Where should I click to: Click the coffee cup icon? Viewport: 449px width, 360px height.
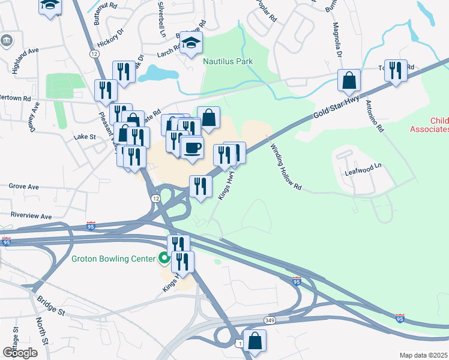192,148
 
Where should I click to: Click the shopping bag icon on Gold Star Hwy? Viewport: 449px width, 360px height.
348,80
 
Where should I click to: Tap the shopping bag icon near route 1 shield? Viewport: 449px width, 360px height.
255,340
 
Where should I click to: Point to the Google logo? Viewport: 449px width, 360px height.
20,352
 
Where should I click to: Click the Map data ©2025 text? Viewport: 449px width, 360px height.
423,355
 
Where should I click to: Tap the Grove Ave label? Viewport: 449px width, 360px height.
24,187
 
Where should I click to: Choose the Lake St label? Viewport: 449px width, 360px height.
85,137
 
